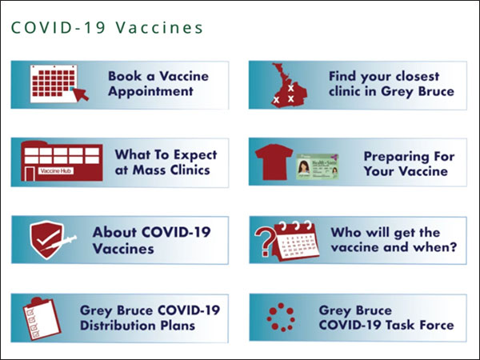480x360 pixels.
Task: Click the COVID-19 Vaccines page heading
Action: pyautogui.click(x=107, y=27)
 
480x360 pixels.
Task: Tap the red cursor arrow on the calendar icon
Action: pyautogui.click(x=81, y=94)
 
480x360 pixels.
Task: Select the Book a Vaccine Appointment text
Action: pyautogui.click(x=158, y=83)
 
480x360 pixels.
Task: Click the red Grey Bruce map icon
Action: pyautogui.click(x=289, y=85)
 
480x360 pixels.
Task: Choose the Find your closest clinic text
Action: pyautogui.click(x=391, y=83)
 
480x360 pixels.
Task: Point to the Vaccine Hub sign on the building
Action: pyautogui.click(x=56, y=170)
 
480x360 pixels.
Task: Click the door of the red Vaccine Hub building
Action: pyautogui.click(x=30, y=174)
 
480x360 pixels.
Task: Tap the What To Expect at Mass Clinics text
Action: pyautogui.click(x=166, y=162)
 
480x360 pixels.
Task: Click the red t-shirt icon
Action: pyautogui.click(x=274, y=162)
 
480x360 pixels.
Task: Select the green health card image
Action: pyautogui.click(x=317, y=167)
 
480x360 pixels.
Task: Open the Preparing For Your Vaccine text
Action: pyautogui.click(x=409, y=163)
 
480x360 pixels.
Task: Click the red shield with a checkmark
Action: pyautogui.click(x=47, y=239)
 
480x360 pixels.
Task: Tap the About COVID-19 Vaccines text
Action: pyautogui.click(x=151, y=240)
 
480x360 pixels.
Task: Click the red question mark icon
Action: pyautogui.click(x=263, y=242)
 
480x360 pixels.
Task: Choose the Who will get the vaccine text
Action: pyautogui.click(x=394, y=240)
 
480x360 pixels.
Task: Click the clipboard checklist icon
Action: pyautogui.click(x=42, y=318)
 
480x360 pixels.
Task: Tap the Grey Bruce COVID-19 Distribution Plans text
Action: pyautogui.click(x=150, y=318)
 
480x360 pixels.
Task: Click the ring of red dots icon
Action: pyautogui.click(x=281, y=318)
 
